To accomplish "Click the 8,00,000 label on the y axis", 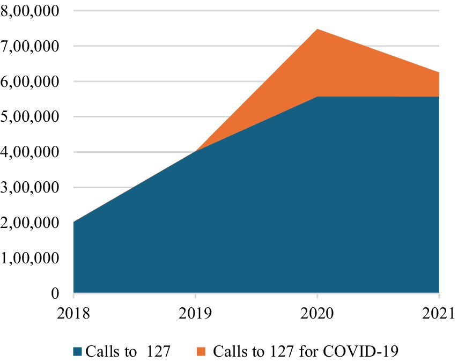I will click(x=31, y=11).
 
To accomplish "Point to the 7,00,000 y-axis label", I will click(x=31, y=46).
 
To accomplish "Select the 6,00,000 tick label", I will click(x=31, y=82).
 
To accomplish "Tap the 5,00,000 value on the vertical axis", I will click(x=31, y=117).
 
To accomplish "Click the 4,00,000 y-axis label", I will click(x=31, y=152).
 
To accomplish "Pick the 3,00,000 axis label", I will click(x=31, y=188).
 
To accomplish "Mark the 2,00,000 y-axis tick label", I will click(x=31, y=223).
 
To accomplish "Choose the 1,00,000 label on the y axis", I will click(x=31, y=258).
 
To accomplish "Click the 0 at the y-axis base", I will click(x=56, y=293).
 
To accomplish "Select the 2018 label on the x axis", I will click(x=73, y=312).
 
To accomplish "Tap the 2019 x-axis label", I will click(x=195, y=312).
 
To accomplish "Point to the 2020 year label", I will click(x=317, y=312).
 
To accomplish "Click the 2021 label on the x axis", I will click(x=439, y=312).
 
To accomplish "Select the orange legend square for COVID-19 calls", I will click(x=201, y=352).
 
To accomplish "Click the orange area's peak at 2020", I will click(x=317, y=29).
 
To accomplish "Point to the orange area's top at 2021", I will click(x=439, y=73).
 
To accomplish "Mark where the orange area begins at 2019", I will click(x=196, y=151).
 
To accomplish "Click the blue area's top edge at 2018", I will click(x=74, y=221).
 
